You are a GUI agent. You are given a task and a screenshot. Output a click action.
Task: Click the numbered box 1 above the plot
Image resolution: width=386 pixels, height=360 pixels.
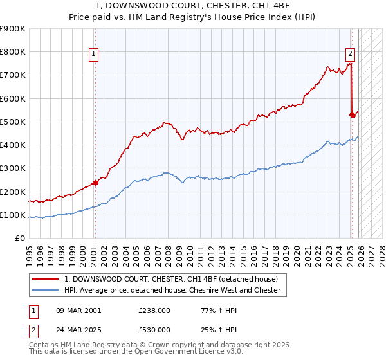click(x=94, y=54)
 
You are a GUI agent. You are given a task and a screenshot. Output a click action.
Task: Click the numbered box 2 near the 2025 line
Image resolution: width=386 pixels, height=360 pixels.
click(x=351, y=54)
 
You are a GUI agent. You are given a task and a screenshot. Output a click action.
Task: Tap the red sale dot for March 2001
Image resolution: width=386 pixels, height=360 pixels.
click(x=95, y=182)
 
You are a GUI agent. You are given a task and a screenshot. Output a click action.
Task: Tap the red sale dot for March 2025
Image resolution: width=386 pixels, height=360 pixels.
click(x=352, y=114)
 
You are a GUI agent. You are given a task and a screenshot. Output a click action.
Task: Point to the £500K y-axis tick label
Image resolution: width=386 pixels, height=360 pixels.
click(x=13, y=122)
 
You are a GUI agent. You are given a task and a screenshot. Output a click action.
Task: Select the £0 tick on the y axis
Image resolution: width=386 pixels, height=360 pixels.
click(x=21, y=238)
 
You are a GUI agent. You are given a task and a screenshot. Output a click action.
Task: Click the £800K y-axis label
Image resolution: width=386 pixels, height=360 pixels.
click(x=13, y=52)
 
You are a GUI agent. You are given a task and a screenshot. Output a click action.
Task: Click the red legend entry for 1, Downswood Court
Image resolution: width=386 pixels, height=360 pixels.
click(x=170, y=279)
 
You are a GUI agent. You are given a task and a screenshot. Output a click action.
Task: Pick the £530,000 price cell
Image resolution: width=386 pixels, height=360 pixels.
click(x=154, y=329)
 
